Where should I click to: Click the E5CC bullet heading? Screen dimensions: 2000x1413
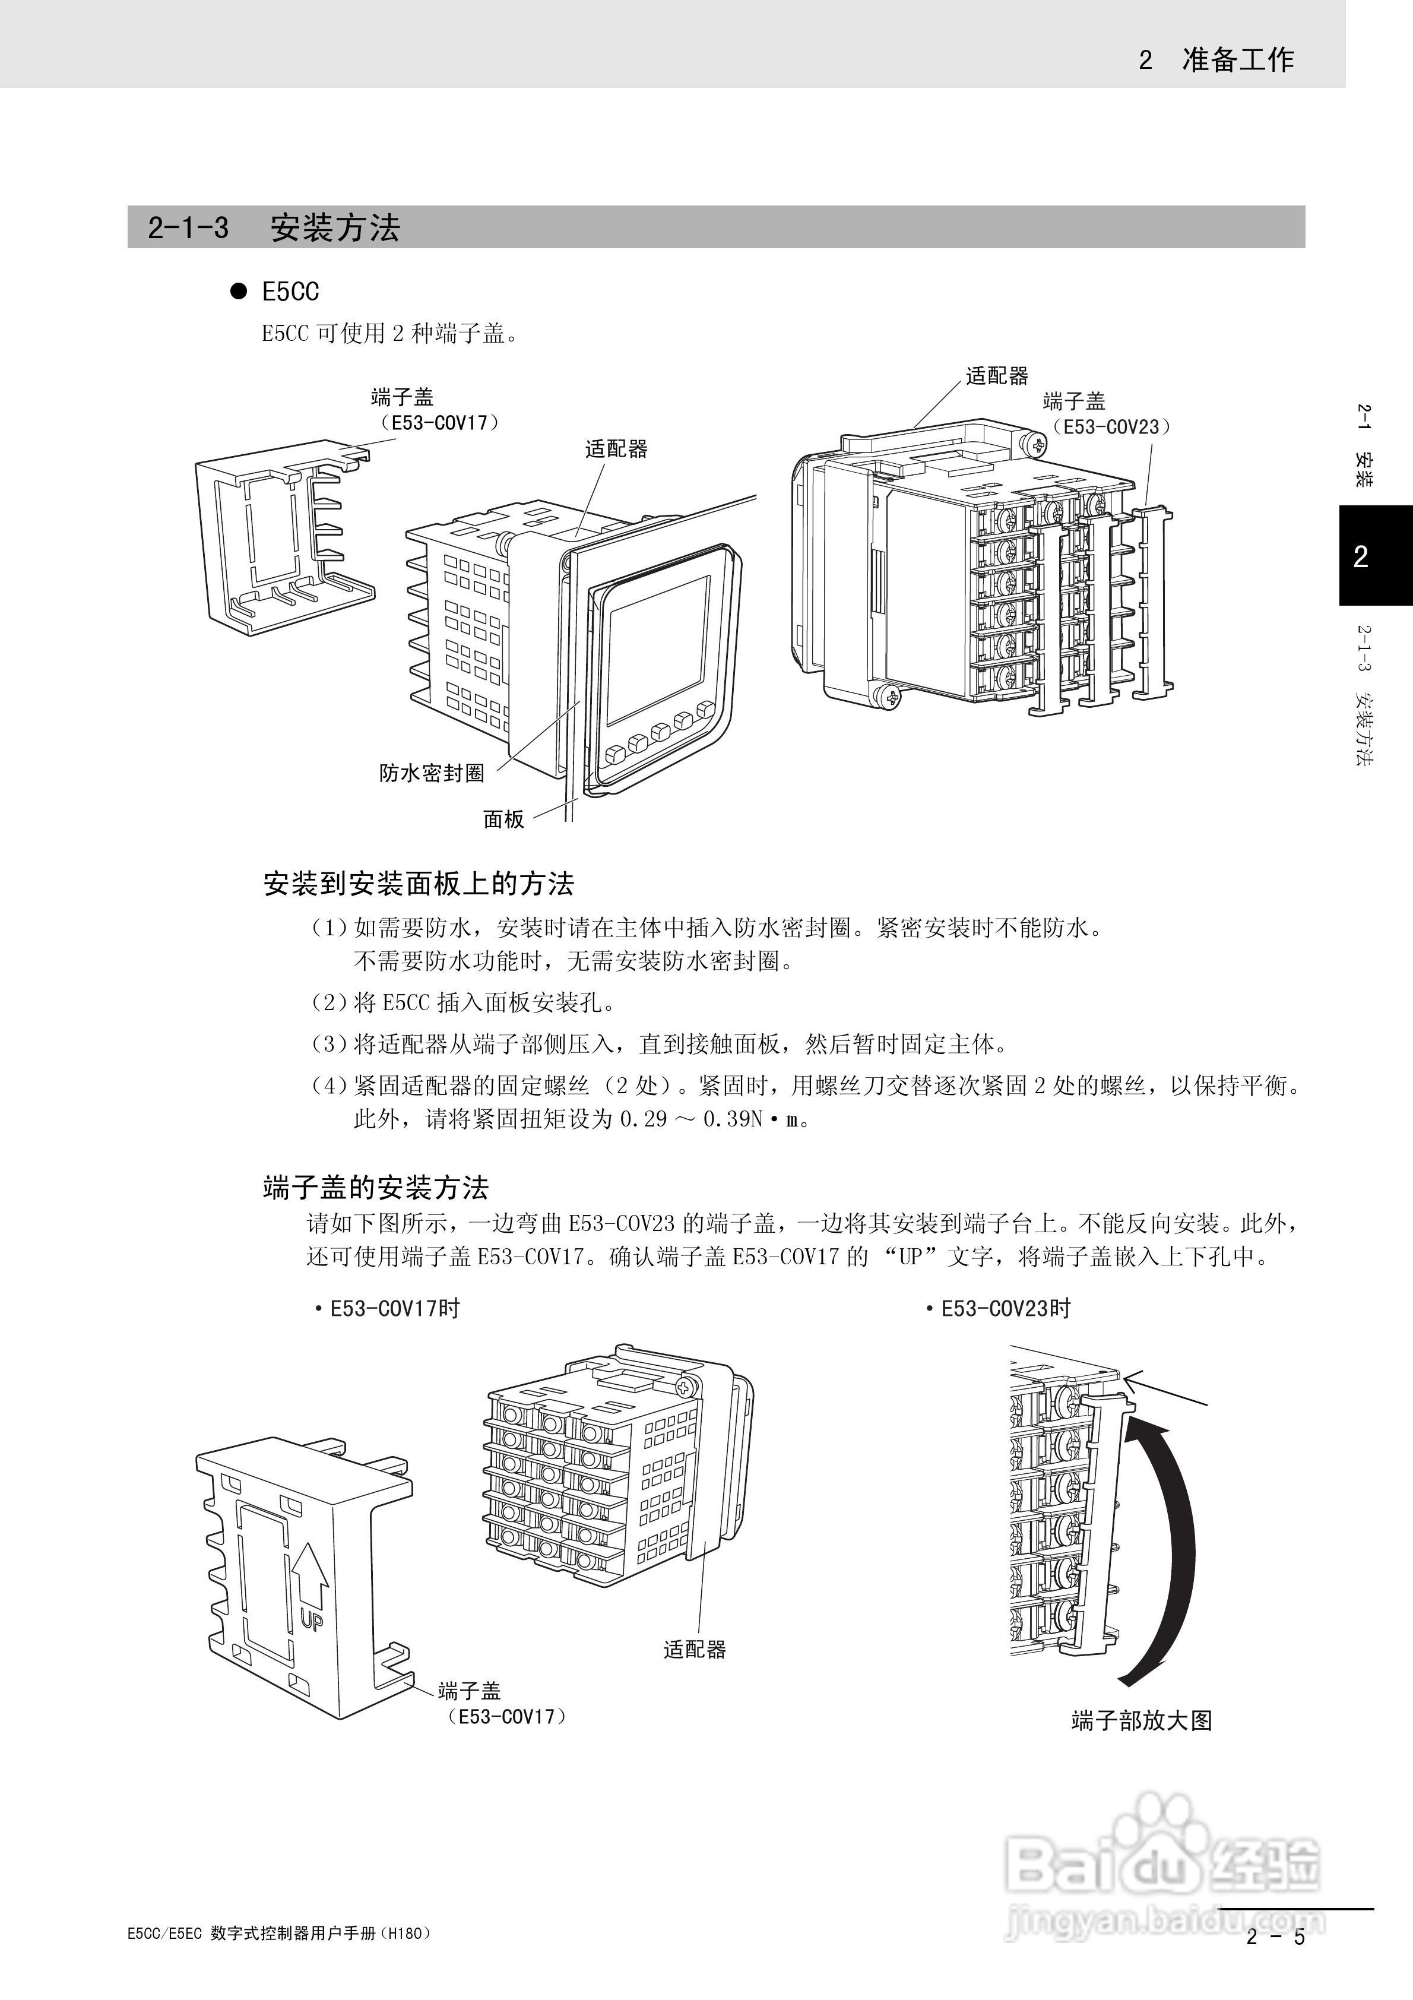click(290, 292)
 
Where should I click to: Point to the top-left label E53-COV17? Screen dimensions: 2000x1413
click(438, 422)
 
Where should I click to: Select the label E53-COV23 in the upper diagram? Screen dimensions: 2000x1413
click(1111, 427)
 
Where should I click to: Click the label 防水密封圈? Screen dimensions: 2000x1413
click(431, 773)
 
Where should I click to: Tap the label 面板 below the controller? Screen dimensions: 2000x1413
click(503, 819)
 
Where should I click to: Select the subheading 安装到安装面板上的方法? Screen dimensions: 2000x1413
click(418, 884)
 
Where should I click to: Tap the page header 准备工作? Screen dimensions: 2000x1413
click(1237, 59)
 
